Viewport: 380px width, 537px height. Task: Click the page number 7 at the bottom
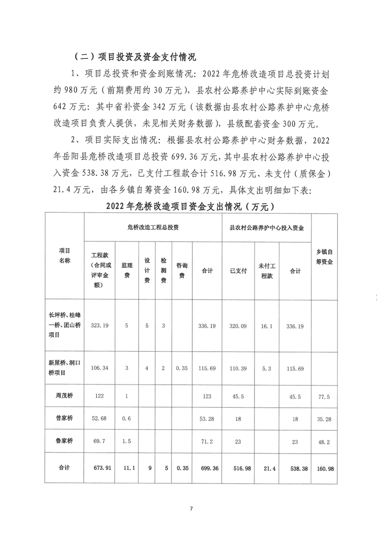pos(191,508)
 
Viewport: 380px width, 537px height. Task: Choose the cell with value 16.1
pos(265,325)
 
